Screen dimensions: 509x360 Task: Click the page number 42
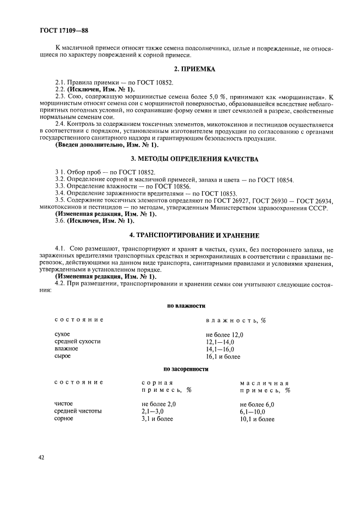(x=41, y=457)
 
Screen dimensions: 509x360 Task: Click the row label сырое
(x=63, y=356)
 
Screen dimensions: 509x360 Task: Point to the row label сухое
(x=63, y=334)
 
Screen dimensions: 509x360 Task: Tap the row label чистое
(x=64, y=404)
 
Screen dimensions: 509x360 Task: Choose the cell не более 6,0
(x=257, y=404)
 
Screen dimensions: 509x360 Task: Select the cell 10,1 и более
(x=257, y=419)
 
